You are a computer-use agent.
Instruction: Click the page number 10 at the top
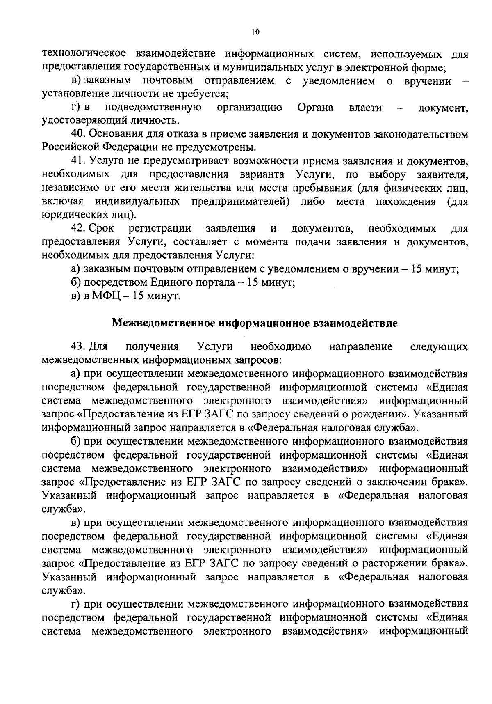coord(256,32)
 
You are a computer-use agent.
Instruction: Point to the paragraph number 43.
coord(78,347)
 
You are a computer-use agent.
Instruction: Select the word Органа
coord(315,108)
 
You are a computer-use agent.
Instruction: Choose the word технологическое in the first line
coord(82,54)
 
